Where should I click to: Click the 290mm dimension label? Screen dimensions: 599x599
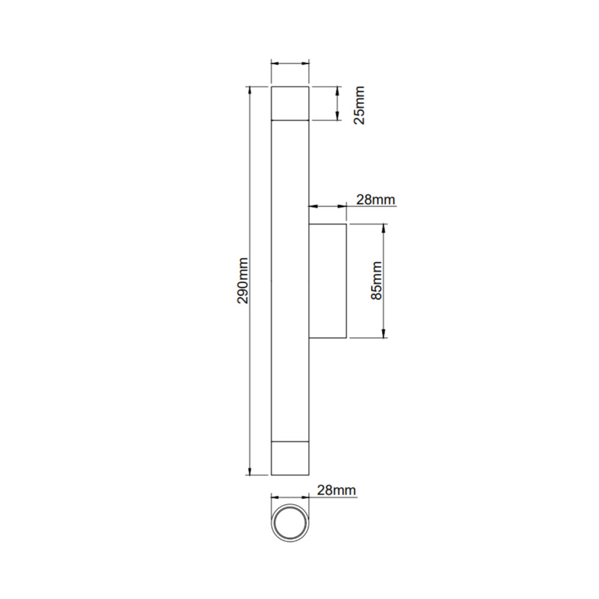tap(243, 281)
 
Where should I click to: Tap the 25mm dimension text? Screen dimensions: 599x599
tap(359, 105)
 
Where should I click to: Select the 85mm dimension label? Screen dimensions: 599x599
tap(377, 281)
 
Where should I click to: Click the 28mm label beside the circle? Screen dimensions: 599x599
tap(337, 490)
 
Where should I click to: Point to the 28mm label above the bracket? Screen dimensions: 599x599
tap(376, 199)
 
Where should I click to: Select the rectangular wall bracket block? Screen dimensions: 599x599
tap(328, 281)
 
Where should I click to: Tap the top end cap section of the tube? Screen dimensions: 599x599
tap(290, 104)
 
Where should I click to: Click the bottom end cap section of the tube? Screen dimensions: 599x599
tap(290, 458)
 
